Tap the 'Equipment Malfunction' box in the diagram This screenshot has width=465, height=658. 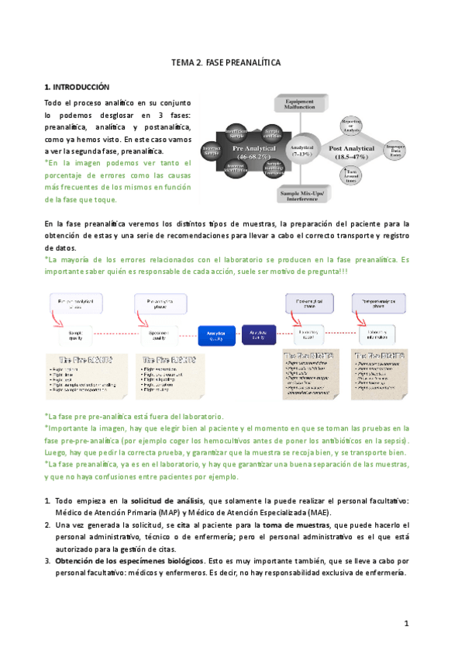point(298,104)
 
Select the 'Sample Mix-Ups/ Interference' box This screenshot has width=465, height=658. point(299,195)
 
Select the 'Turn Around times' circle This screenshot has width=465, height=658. point(351,176)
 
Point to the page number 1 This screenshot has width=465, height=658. point(405,623)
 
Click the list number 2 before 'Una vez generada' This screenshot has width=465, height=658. point(47,525)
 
